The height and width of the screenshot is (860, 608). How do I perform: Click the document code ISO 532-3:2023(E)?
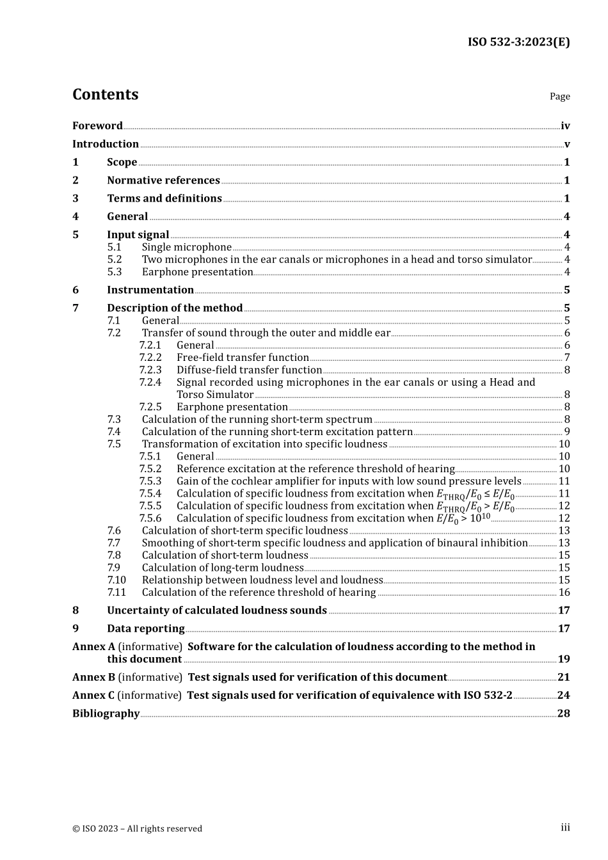tap(518, 42)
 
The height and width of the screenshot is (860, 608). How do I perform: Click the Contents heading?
tap(105, 95)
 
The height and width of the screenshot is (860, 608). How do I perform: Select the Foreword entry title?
tap(97, 126)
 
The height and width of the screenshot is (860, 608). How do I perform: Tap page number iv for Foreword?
tap(565, 126)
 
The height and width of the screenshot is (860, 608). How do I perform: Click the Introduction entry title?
tap(106, 144)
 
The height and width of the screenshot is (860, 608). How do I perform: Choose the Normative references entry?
tap(163, 180)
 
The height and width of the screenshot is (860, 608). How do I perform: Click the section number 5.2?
tap(115, 259)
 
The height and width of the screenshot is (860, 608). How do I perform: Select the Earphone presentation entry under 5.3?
tap(197, 272)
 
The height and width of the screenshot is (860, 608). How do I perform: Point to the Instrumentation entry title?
tap(150, 290)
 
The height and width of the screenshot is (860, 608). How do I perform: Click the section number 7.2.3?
tap(150, 370)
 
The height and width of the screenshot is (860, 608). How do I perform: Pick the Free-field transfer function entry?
tap(243, 358)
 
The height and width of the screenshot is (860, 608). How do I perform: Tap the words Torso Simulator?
tap(215, 395)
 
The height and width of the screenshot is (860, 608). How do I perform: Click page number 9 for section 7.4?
tap(567, 432)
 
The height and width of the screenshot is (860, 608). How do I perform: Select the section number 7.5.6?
tap(150, 518)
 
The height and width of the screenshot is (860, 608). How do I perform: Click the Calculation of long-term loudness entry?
tap(223, 568)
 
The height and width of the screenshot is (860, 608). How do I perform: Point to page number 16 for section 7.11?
tap(564, 593)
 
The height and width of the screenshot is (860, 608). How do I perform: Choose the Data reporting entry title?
tap(146, 629)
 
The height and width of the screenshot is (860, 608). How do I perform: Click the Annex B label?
tap(93, 678)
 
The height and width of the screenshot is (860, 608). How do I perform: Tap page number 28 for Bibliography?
tap(564, 713)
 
